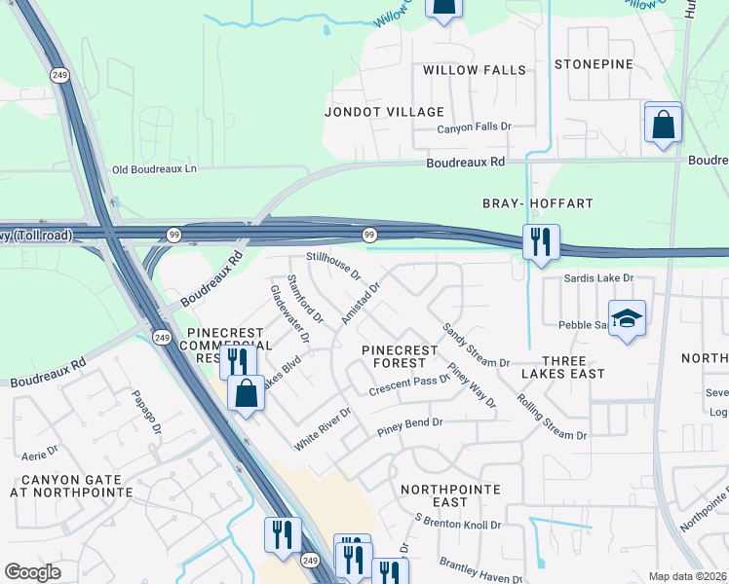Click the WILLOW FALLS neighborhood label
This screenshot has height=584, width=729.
click(x=475, y=70)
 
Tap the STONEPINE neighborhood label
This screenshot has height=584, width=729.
click(x=594, y=64)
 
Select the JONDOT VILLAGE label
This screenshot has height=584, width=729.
click(x=384, y=112)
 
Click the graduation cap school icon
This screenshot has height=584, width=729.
click(x=628, y=317)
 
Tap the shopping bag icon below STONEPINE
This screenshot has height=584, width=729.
click(x=663, y=124)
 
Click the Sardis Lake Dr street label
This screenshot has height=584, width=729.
click(x=599, y=278)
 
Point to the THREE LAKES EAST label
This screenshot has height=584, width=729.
click(x=562, y=366)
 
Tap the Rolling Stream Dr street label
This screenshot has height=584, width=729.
click(x=553, y=417)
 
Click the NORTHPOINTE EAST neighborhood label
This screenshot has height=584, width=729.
click(x=450, y=495)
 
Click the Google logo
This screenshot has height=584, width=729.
click(x=32, y=572)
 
